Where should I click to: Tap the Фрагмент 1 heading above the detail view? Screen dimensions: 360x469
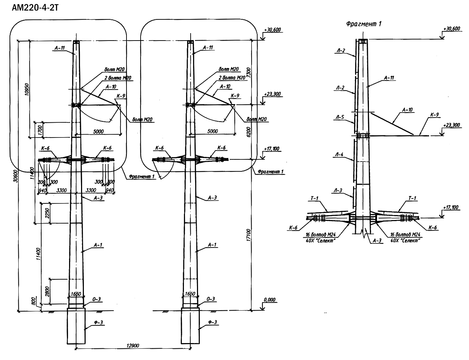[364, 24]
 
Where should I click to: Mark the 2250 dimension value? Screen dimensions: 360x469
[47, 213]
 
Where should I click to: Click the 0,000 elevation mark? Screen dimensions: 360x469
[270, 300]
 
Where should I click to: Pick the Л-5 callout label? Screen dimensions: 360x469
[340, 118]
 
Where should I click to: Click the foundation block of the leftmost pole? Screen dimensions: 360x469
[76, 326]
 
